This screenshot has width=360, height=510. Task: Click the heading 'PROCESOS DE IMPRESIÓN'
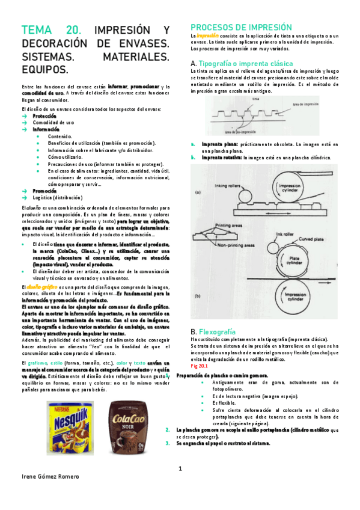241,28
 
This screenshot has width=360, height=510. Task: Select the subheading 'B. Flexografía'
213,331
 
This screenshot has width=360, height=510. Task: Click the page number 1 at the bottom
180,469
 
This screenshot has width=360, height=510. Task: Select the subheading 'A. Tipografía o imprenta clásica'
241,63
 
